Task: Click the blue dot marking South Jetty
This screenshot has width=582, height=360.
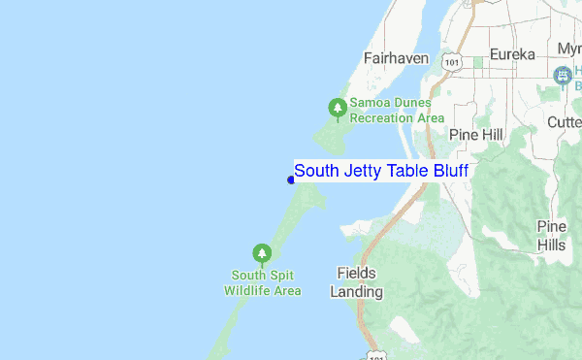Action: (291, 180)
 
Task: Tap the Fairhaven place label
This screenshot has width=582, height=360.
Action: (396, 58)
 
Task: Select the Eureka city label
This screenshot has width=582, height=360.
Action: (512, 54)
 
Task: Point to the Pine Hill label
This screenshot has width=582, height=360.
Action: (475, 134)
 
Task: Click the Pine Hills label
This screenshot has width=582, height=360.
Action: (551, 236)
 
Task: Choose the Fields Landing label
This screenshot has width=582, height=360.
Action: (356, 282)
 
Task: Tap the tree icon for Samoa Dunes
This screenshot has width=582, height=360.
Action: (337, 108)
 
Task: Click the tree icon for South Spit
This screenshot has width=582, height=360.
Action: (261, 253)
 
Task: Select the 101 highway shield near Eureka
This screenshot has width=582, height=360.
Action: (451, 60)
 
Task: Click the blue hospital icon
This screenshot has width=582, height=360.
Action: (562, 75)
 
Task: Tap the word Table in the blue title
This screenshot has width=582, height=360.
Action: (406, 172)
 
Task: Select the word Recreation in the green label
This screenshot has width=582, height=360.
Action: (383, 117)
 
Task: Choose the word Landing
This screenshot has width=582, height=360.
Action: (356, 291)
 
